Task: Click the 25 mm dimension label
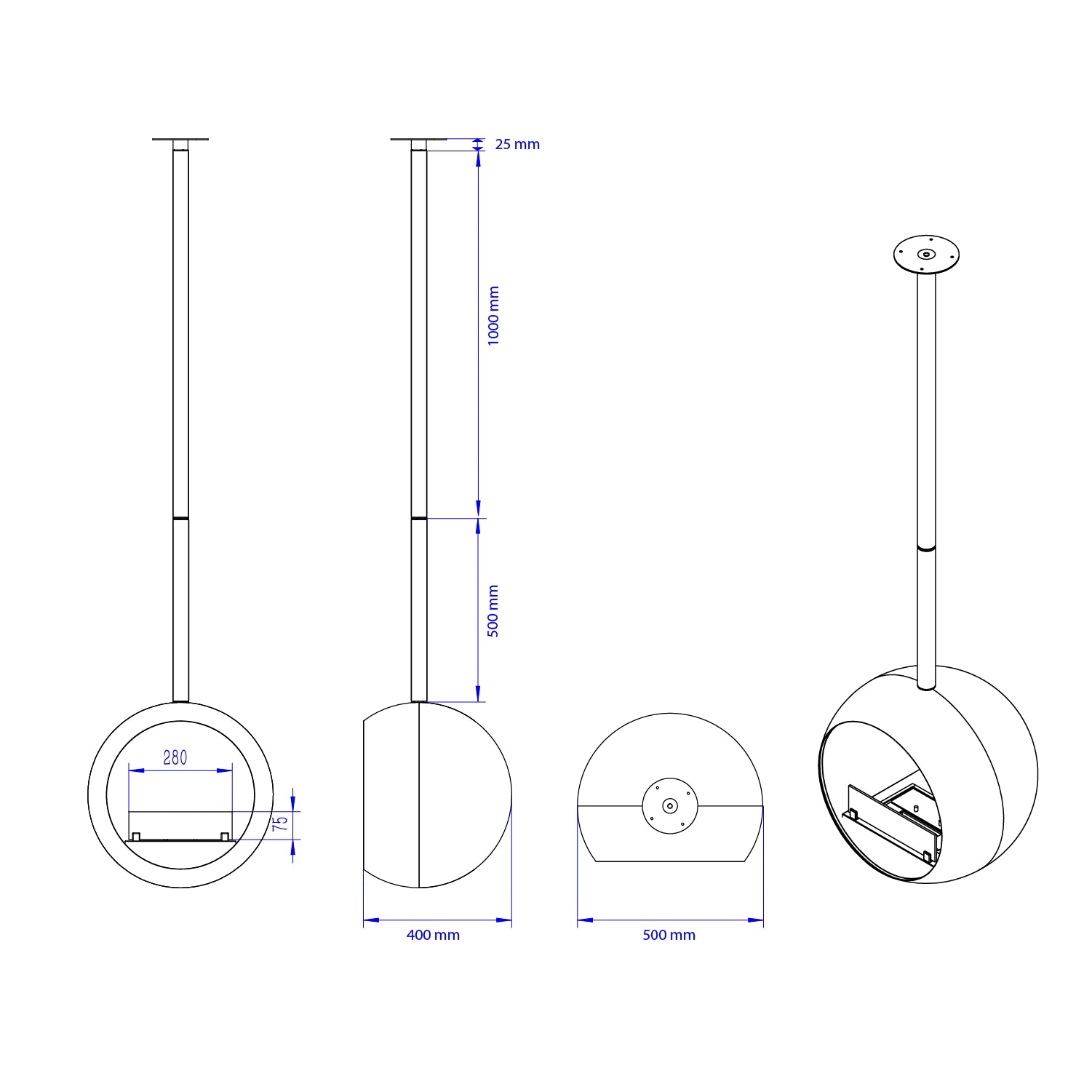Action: (517, 144)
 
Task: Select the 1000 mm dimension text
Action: (494, 316)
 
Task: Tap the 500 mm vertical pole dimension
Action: (493, 611)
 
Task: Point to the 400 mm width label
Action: (433, 935)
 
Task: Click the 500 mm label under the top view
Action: (669, 935)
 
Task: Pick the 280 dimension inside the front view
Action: (175, 758)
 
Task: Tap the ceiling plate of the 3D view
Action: (926, 255)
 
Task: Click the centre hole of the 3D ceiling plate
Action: (926, 255)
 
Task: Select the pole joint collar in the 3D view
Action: (926, 548)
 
